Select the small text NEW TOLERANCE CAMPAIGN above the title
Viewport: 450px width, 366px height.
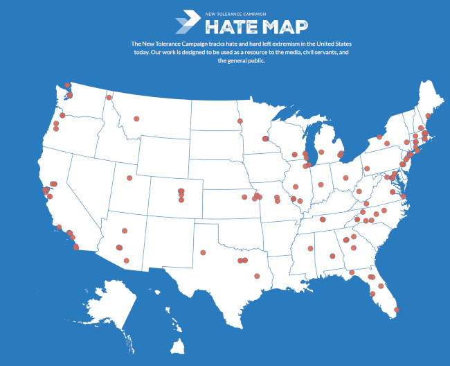pos(236,13)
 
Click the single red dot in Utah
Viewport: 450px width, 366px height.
pos(129,178)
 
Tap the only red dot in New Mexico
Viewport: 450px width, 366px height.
pos(203,252)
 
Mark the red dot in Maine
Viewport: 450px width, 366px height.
pos(429,116)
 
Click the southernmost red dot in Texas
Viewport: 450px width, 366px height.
pos(257,276)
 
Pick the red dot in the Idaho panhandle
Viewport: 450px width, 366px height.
pos(109,98)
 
